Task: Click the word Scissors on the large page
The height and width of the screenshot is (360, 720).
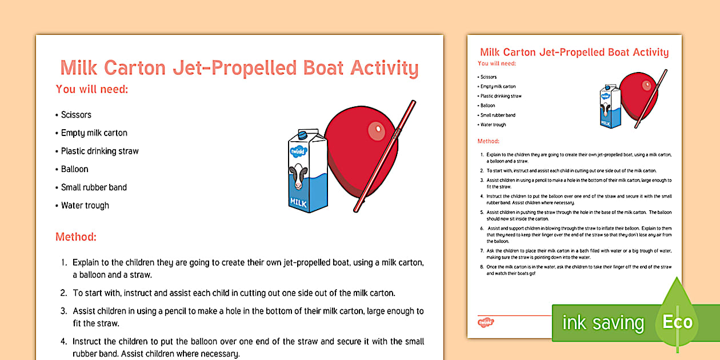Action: tap(76, 115)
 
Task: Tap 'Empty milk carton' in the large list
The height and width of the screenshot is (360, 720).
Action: tap(94, 133)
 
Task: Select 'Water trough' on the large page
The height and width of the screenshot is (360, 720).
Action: tap(85, 206)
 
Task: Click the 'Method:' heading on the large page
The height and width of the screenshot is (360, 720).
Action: tap(76, 237)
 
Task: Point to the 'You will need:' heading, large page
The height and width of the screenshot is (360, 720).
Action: tap(92, 89)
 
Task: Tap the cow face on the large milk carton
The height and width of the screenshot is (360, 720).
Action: tap(298, 177)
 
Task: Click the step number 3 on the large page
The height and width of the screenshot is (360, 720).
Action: tap(64, 311)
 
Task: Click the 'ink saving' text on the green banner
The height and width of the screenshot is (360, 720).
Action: tap(603, 323)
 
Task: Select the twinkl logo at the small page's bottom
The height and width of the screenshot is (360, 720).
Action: tap(485, 322)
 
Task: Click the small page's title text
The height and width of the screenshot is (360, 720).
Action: tap(574, 53)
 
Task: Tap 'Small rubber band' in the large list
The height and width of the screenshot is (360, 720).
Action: tap(94, 187)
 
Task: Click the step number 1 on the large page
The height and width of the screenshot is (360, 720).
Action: tap(64, 263)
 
